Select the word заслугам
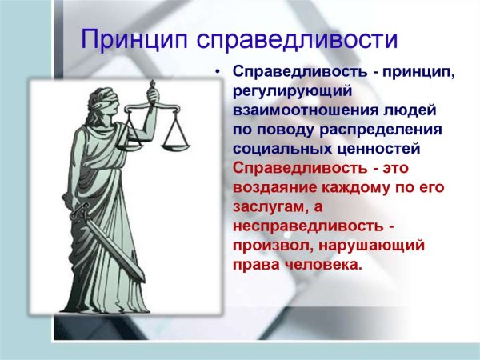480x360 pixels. [x=269, y=206]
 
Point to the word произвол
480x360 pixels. [x=272, y=245]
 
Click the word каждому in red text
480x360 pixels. [x=352, y=187]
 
